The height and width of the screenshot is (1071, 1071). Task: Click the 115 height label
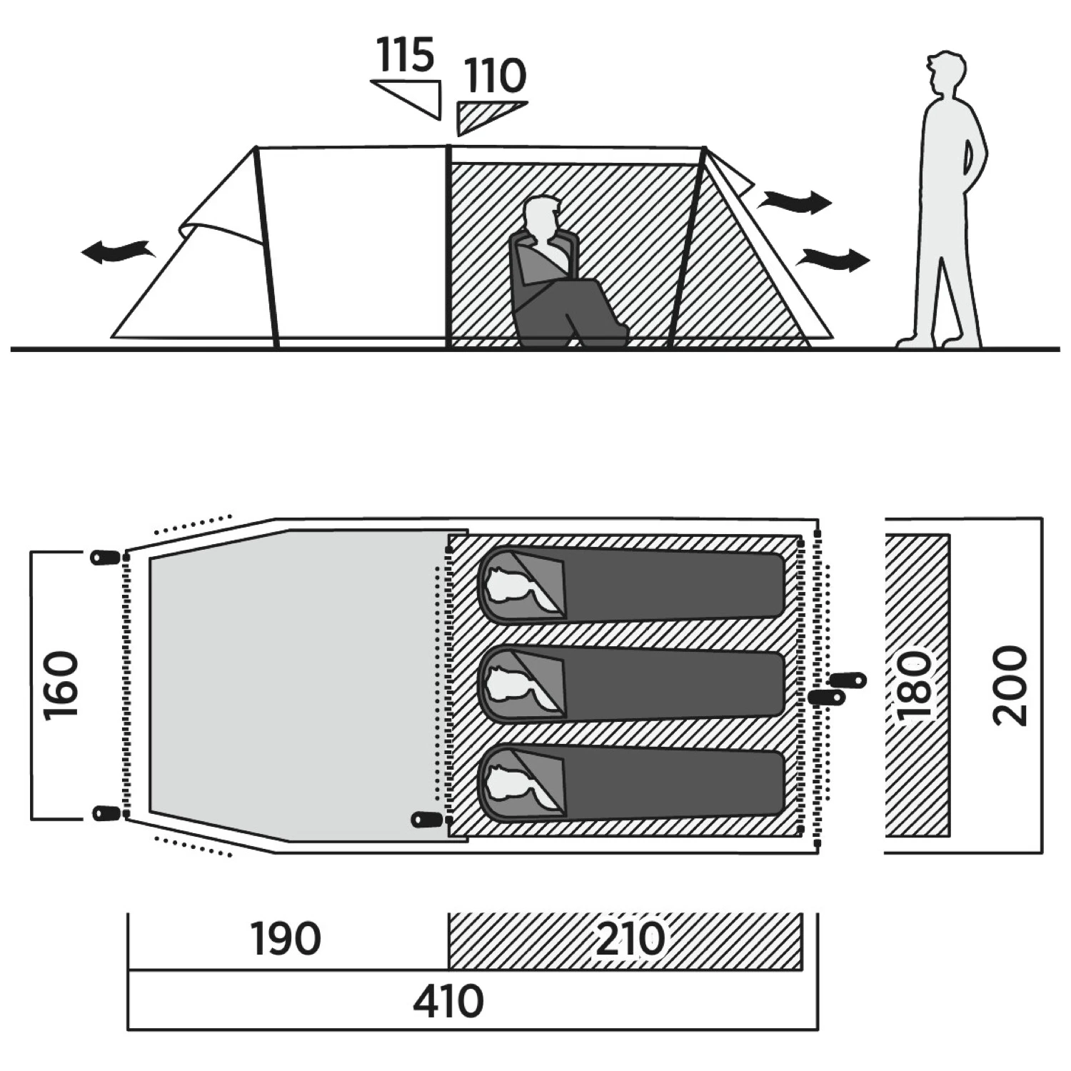(406, 55)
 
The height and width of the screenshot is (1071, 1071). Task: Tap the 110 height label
(495, 76)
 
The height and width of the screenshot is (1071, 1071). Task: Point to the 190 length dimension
(286, 939)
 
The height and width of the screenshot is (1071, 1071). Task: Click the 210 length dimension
(630, 939)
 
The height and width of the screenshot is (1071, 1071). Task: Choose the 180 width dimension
(915, 685)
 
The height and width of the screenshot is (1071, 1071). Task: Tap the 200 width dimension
(1010, 685)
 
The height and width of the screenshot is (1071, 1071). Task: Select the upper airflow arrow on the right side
(795, 201)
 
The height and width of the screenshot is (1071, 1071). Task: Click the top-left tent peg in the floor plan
(104, 558)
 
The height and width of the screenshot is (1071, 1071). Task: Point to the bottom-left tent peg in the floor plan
(104, 813)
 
